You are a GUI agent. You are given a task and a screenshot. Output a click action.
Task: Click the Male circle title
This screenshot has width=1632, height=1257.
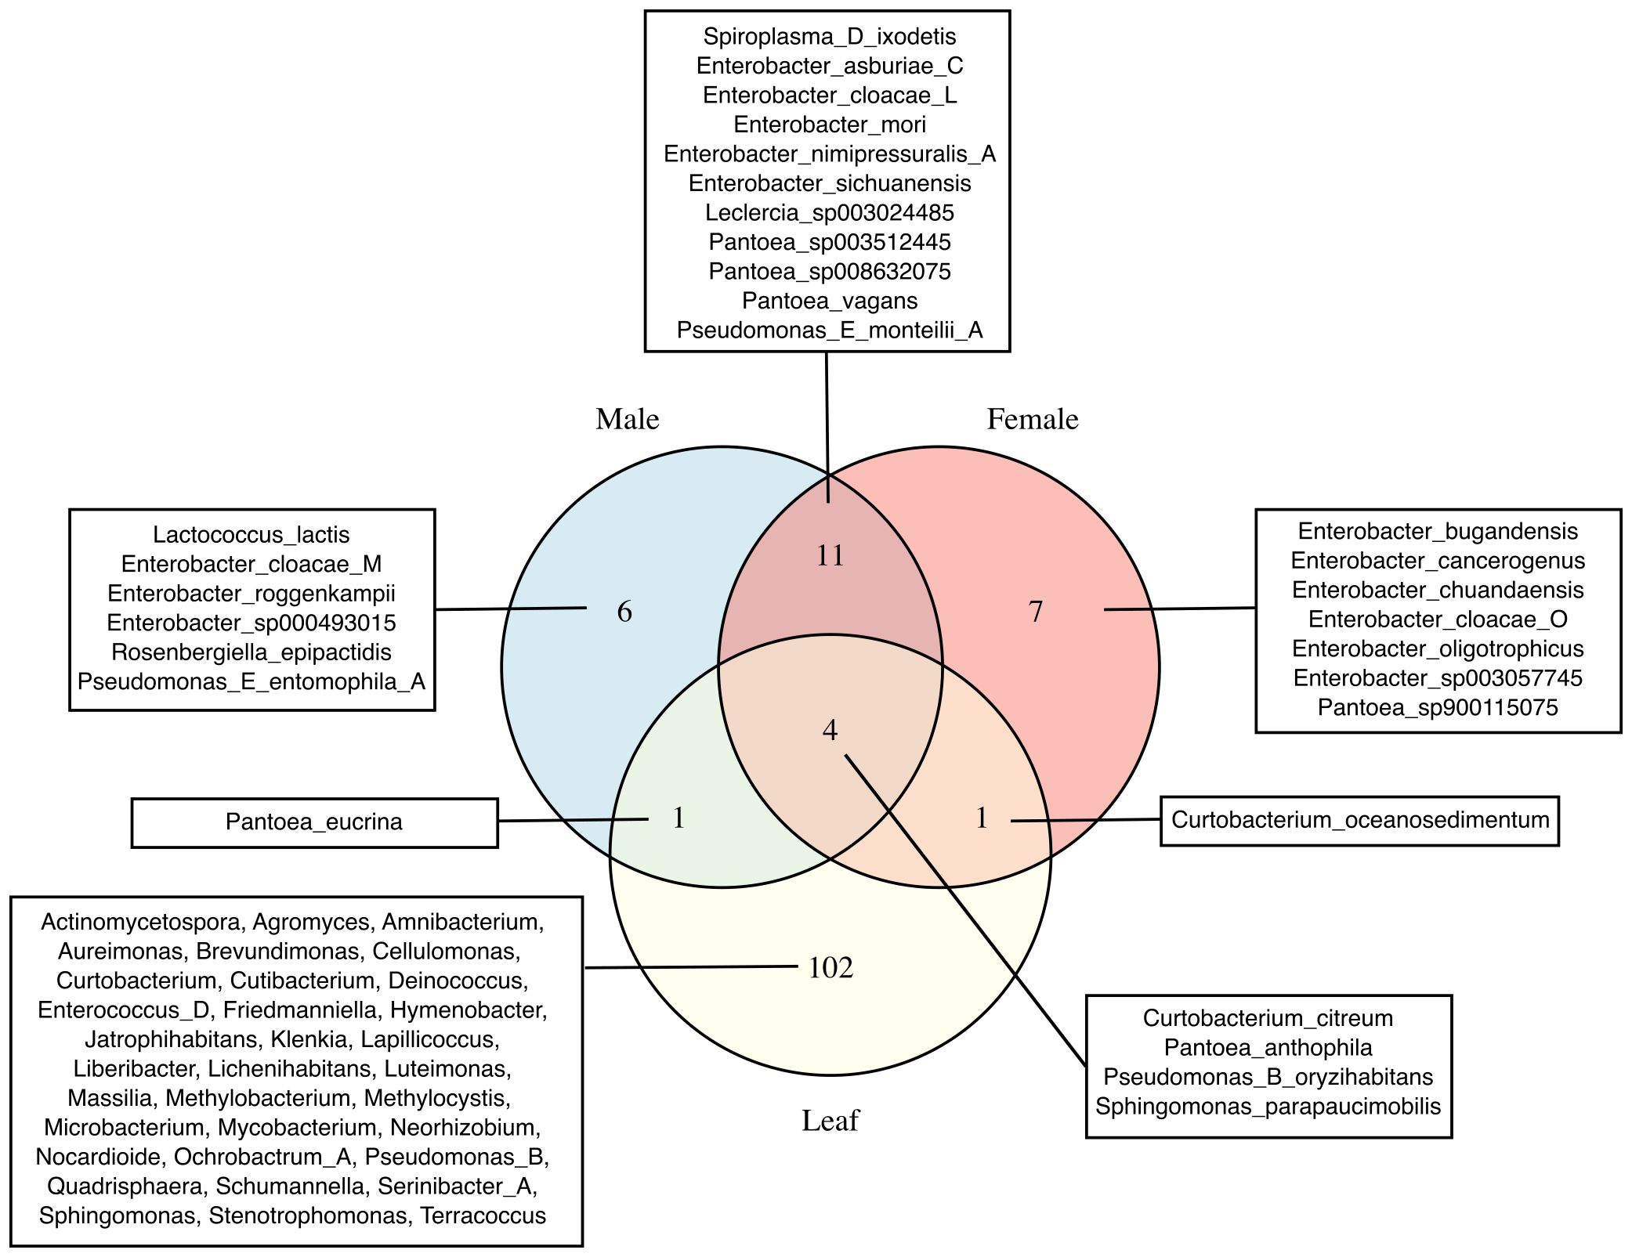coord(627,420)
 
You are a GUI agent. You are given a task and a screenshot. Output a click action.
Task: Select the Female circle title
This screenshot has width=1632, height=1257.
coord(1032,420)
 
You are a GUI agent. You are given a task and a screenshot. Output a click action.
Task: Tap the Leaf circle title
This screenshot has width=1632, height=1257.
coord(830,1121)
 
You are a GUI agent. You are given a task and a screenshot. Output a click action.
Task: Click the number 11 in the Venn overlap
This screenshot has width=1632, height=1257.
coord(830,556)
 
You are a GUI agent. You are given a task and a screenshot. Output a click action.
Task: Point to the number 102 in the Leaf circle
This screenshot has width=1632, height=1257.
coord(830,969)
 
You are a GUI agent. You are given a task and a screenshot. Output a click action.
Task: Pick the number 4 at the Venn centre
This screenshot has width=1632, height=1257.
coord(830,731)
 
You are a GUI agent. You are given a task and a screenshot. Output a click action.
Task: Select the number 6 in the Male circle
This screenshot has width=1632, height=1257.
coord(624,612)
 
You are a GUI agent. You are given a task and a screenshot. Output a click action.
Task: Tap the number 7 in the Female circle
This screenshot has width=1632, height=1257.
coord(1036,612)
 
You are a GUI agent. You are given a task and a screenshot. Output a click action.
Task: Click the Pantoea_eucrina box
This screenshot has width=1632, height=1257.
coord(314,822)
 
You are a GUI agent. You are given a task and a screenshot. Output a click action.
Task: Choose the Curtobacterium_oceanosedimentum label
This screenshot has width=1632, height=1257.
coord(1360,820)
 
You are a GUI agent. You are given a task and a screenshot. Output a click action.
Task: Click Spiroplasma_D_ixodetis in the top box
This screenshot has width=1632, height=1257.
coord(830,36)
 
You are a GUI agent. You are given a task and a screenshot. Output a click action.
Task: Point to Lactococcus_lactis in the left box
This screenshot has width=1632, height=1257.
coord(251,535)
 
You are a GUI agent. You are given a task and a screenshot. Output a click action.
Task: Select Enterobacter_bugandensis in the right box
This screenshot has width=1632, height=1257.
coord(1438,532)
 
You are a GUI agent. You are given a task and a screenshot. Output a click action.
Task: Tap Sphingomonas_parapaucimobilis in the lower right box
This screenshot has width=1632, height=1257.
coord(1268,1107)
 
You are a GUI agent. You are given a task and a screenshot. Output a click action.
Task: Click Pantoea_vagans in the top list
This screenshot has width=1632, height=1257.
coord(830,301)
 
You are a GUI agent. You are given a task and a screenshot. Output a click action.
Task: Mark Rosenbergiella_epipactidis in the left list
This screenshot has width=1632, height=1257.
coord(251,652)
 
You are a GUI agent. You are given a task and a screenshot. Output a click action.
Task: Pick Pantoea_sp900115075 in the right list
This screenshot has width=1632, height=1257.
coord(1438,708)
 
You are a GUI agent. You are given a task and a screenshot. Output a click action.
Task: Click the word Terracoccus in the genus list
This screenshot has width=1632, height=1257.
coord(483,1215)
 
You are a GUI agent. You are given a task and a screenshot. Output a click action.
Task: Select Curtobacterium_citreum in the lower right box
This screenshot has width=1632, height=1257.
coord(1268,1018)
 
